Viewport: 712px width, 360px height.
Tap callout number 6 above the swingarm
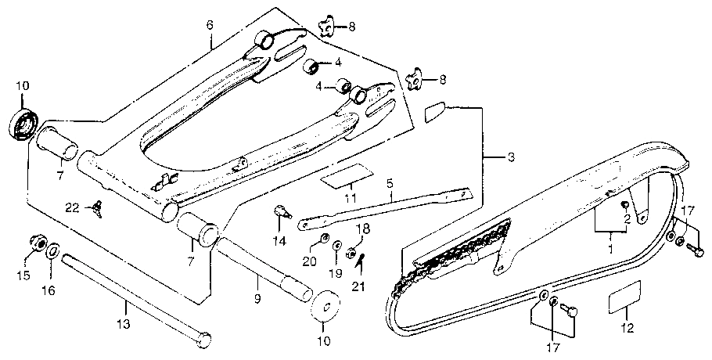pyautogui.click(x=210, y=24)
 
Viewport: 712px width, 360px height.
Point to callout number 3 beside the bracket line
pyautogui.click(x=510, y=158)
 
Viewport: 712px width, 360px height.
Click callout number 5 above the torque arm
pyautogui.click(x=389, y=185)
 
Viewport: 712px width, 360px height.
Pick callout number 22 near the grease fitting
pyautogui.click(x=72, y=207)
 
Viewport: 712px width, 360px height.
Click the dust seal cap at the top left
pyautogui.click(x=22, y=125)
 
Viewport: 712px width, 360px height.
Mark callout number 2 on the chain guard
pyautogui.click(x=626, y=220)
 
